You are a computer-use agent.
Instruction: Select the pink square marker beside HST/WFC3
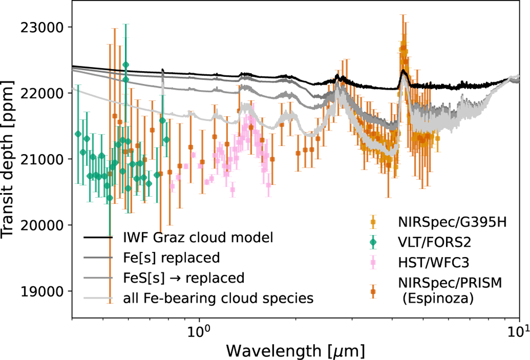374,263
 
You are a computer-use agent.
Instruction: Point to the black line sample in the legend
99,238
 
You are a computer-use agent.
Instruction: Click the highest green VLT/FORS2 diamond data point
126,65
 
